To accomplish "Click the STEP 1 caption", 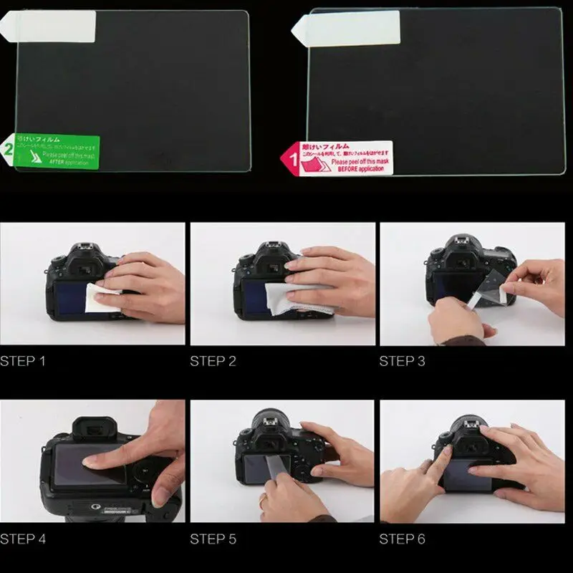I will point(22,361).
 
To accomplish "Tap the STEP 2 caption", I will point(213,361).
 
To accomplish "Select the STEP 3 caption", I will point(402,361).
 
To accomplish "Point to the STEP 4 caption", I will point(22,539).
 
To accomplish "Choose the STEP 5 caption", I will point(213,539).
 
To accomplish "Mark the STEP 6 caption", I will point(402,539).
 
